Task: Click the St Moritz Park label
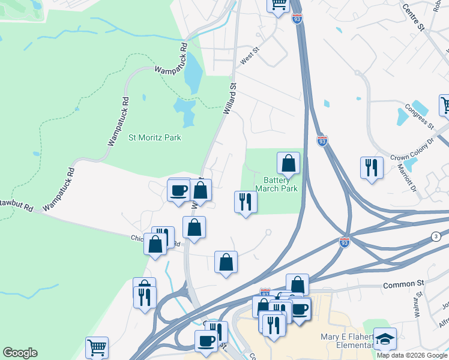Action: tap(155, 137)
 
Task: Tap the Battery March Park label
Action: tap(276, 184)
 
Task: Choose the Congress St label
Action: tap(418, 116)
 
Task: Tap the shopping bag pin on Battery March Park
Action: tap(289, 163)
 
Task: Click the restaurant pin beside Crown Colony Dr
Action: tap(372, 167)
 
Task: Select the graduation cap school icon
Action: tap(385, 338)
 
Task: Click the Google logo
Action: tap(20, 353)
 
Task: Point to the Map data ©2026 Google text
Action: tap(412, 355)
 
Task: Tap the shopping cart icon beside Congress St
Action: tap(445, 106)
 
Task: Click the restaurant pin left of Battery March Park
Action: tap(245, 201)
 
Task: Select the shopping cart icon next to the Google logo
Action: tap(97, 347)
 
